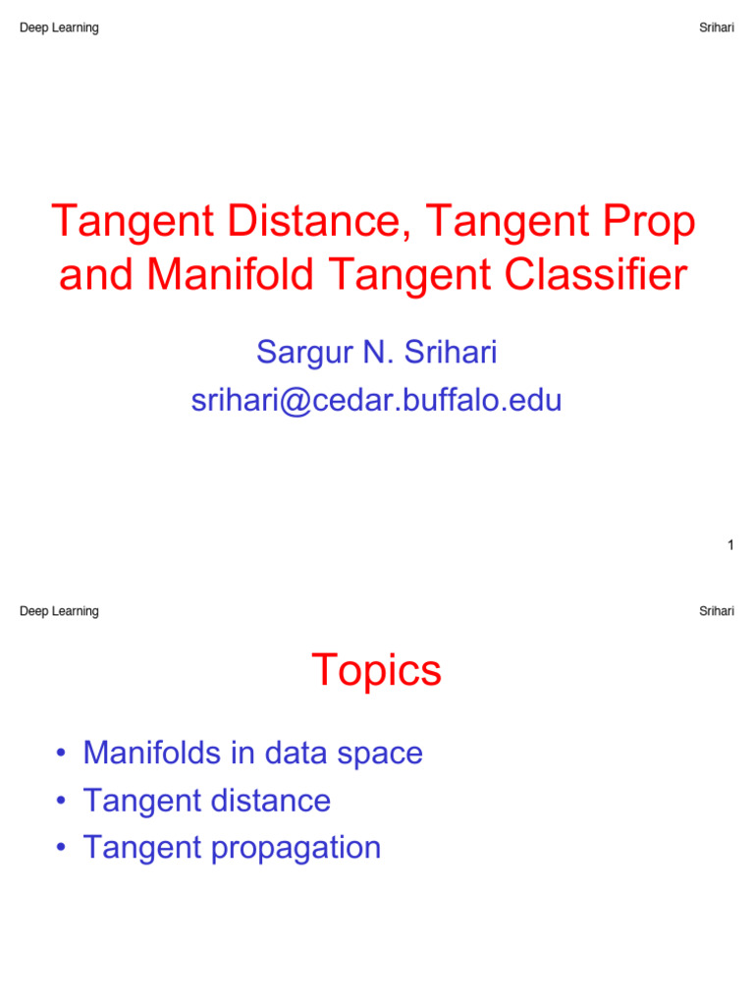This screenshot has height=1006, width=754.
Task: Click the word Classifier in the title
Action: tap(596, 275)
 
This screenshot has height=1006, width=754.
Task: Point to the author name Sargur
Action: tap(304, 354)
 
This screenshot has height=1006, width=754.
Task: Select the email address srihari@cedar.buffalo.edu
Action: tap(376, 401)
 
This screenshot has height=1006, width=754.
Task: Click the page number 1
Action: tap(730, 545)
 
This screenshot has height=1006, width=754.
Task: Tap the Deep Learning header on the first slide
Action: tap(59, 28)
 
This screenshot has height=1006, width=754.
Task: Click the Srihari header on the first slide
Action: tap(716, 28)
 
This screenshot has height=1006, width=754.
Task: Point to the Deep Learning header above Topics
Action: tap(59, 611)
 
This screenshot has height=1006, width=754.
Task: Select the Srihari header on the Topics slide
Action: tap(716, 611)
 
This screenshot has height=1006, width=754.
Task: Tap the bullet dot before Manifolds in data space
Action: tap(61, 753)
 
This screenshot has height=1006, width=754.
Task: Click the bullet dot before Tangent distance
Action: tap(61, 800)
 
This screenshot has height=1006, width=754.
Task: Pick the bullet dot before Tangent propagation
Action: tap(61, 847)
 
